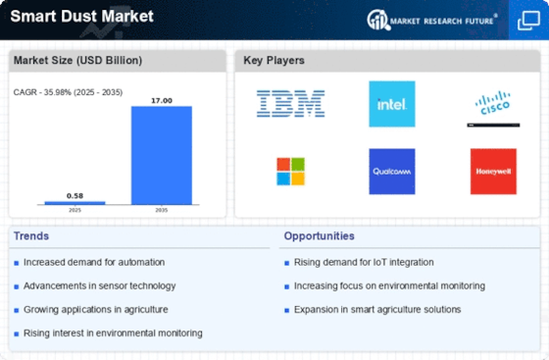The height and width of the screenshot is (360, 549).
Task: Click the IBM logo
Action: pyautogui.click(x=290, y=104)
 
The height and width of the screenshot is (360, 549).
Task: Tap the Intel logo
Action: pyautogui.click(x=392, y=104)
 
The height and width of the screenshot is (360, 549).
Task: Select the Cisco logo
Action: pyautogui.click(x=493, y=103)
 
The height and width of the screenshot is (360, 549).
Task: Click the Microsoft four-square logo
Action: pyautogui.click(x=290, y=172)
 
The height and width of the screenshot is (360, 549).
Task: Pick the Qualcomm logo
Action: pyautogui.click(x=392, y=172)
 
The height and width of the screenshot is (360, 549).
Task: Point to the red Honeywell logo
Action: pyautogui.click(x=493, y=172)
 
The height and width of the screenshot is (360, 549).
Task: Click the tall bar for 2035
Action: pyautogui.click(x=162, y=155)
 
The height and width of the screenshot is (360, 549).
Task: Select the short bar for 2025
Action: pyautogui.click(x=75, y=203)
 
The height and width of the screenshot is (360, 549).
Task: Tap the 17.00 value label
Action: pyautogui.click(x=162, y=100)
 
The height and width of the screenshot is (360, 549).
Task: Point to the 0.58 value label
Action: pyautogui.click(x=75, y=196)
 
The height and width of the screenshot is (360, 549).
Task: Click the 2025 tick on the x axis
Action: pyautogui.click(x=75, y=210)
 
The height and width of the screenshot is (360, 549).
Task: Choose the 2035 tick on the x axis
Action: pyautogui.click(x=162, y=210)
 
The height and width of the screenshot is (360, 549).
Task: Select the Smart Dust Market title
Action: pyautogui.click(x=82, y=16)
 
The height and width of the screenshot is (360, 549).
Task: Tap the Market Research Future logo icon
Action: pyautogui.click(x=378, y=20)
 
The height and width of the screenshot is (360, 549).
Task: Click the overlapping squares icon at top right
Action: pyautogui.click(x=528, y=21)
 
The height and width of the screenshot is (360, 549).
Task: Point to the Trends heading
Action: pyautogui.click(x=31, y=236)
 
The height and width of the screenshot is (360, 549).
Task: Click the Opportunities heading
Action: pyautogui.click(x=319, y=236)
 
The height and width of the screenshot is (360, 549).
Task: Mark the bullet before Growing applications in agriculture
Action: pyautogui.click(x=17, y=310)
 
